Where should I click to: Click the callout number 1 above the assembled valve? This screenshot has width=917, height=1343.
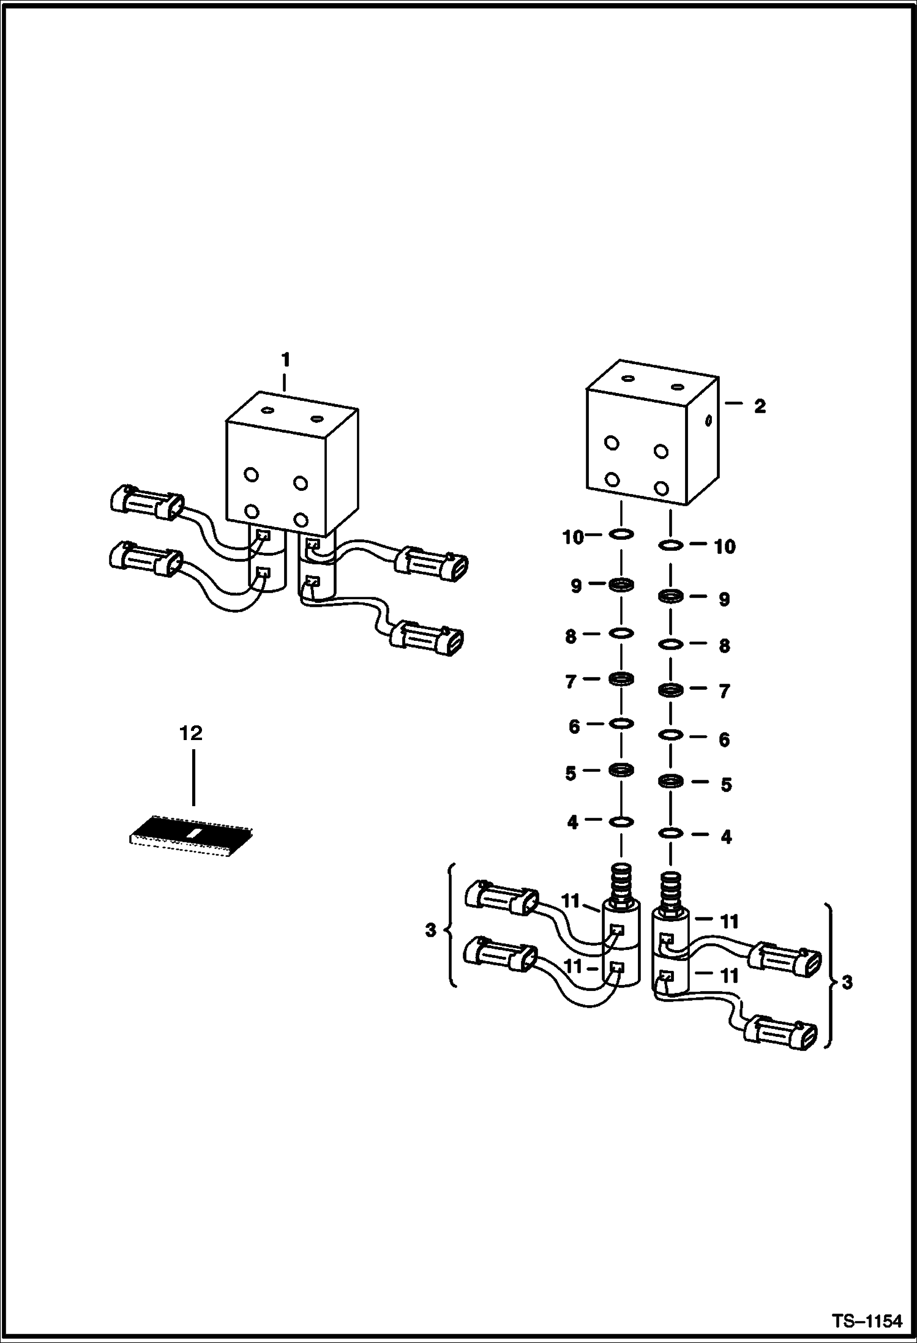point(285,360)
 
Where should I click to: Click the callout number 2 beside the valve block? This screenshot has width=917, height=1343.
point(760,406)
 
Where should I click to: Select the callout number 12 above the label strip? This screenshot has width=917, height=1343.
point(191,733)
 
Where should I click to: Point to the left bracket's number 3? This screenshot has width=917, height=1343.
point(430,947)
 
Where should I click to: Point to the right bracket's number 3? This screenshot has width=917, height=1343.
point(847,983)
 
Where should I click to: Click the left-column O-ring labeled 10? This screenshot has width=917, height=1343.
point(621,534)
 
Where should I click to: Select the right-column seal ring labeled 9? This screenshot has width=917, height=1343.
point(671,596)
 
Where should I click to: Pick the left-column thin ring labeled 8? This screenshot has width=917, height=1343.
point(621,633)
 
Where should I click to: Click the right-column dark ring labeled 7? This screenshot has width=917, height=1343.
point(671,690)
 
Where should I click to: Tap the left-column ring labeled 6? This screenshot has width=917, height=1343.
point(621,724)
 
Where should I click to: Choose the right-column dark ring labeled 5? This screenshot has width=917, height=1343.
point(671,781)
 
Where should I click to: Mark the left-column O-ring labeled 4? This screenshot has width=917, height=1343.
point(621,821)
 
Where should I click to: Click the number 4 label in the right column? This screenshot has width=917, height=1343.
point(726,837)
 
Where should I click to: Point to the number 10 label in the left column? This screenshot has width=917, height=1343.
point(572,538)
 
